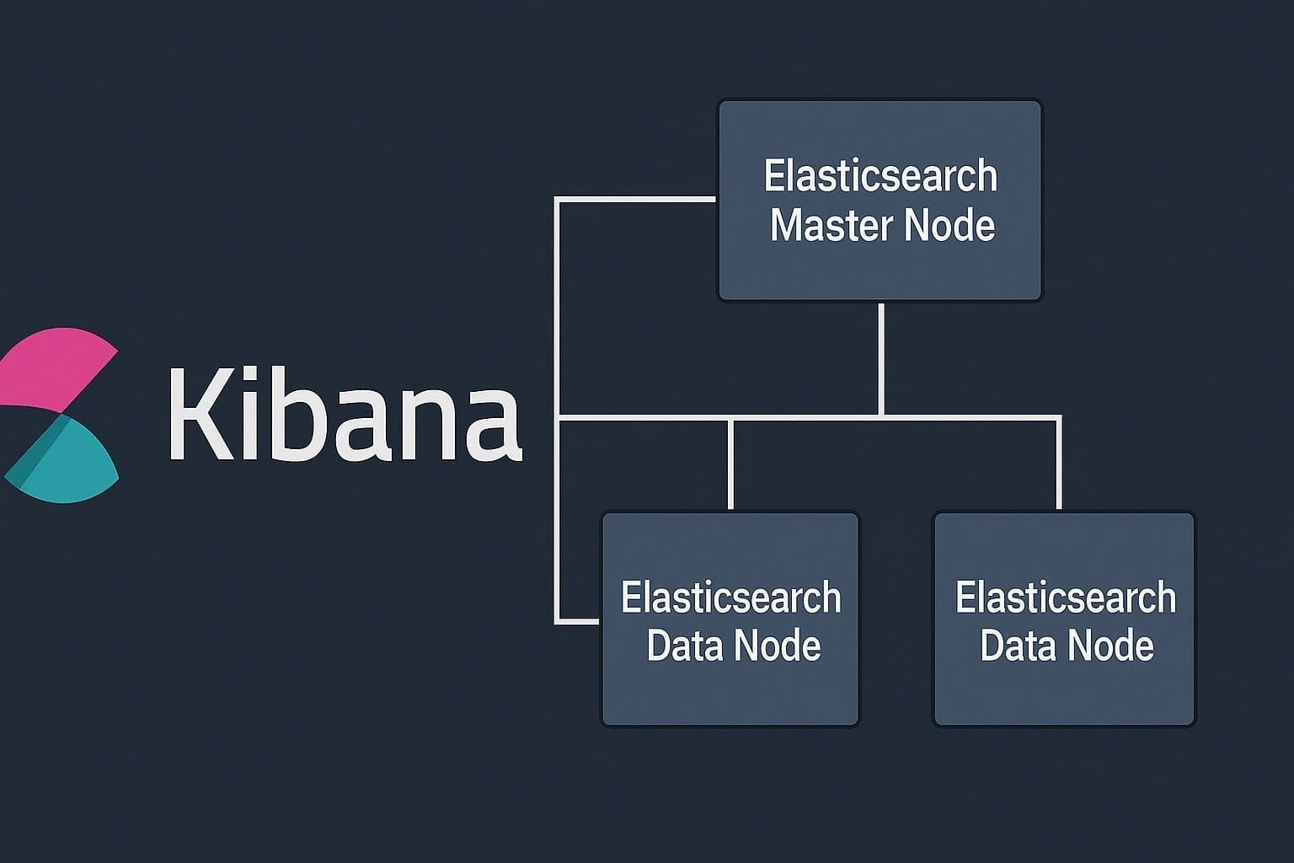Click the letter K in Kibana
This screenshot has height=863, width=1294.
199,415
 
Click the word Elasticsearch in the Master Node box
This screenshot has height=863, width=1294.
880,176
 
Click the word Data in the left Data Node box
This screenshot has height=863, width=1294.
683,646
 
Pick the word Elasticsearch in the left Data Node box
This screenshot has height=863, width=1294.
730,598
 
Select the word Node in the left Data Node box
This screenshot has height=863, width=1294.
776,646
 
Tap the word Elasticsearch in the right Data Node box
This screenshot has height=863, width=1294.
1065,598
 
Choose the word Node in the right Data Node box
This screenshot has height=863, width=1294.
1110,646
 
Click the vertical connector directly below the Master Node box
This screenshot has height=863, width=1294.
880,358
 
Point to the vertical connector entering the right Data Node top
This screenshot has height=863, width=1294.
1059,464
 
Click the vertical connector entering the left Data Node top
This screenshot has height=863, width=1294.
730,464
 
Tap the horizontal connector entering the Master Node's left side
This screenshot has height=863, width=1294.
636,199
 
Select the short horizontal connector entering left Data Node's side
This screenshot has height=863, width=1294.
578,622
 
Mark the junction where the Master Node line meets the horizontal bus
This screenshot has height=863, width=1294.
880,416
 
